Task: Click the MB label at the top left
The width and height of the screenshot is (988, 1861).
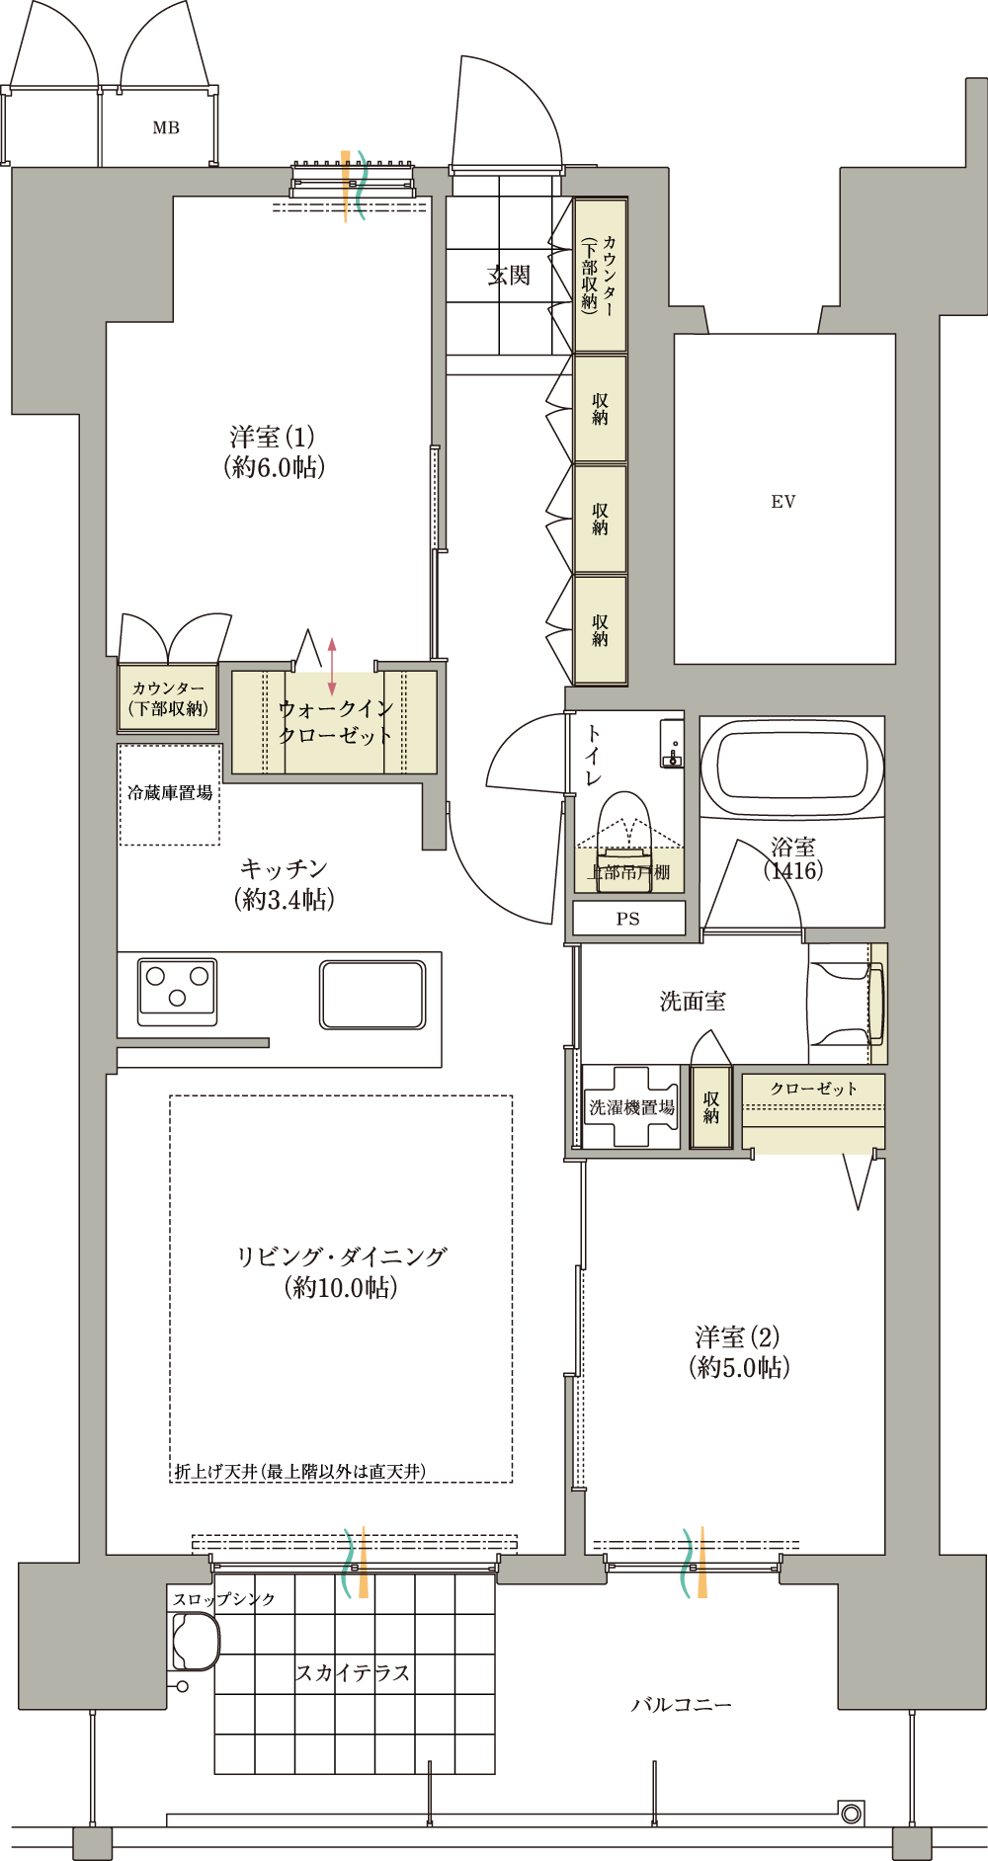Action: click(166, 127)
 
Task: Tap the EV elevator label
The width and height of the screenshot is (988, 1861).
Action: click(783, 502)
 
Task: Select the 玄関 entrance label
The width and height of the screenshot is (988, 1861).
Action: click(509, 276)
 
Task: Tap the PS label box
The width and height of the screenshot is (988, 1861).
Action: click(628, 919)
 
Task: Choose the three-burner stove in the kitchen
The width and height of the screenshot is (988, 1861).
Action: click(178, 990)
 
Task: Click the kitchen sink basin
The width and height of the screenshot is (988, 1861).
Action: click(372, 995)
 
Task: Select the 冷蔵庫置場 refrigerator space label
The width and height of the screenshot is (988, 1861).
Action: click(170, 792)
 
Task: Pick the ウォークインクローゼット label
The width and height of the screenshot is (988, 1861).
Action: click(336, 722)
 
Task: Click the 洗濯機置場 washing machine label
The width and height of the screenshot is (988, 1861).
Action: click(632, 1107)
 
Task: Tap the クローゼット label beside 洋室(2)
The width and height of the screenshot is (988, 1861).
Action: click(814, 1089)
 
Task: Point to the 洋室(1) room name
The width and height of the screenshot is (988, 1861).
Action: click(273, 436)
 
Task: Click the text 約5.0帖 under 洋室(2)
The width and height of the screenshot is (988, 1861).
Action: click(740, 1367)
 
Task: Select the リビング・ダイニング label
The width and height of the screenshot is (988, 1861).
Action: click(342, 1256)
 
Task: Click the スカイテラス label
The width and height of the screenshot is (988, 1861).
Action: click(353, 1672)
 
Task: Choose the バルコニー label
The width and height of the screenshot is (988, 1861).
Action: click(682, 1705)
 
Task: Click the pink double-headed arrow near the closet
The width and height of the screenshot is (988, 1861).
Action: click(333, 666)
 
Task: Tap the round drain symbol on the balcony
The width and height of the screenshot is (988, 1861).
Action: click(851, 1813)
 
